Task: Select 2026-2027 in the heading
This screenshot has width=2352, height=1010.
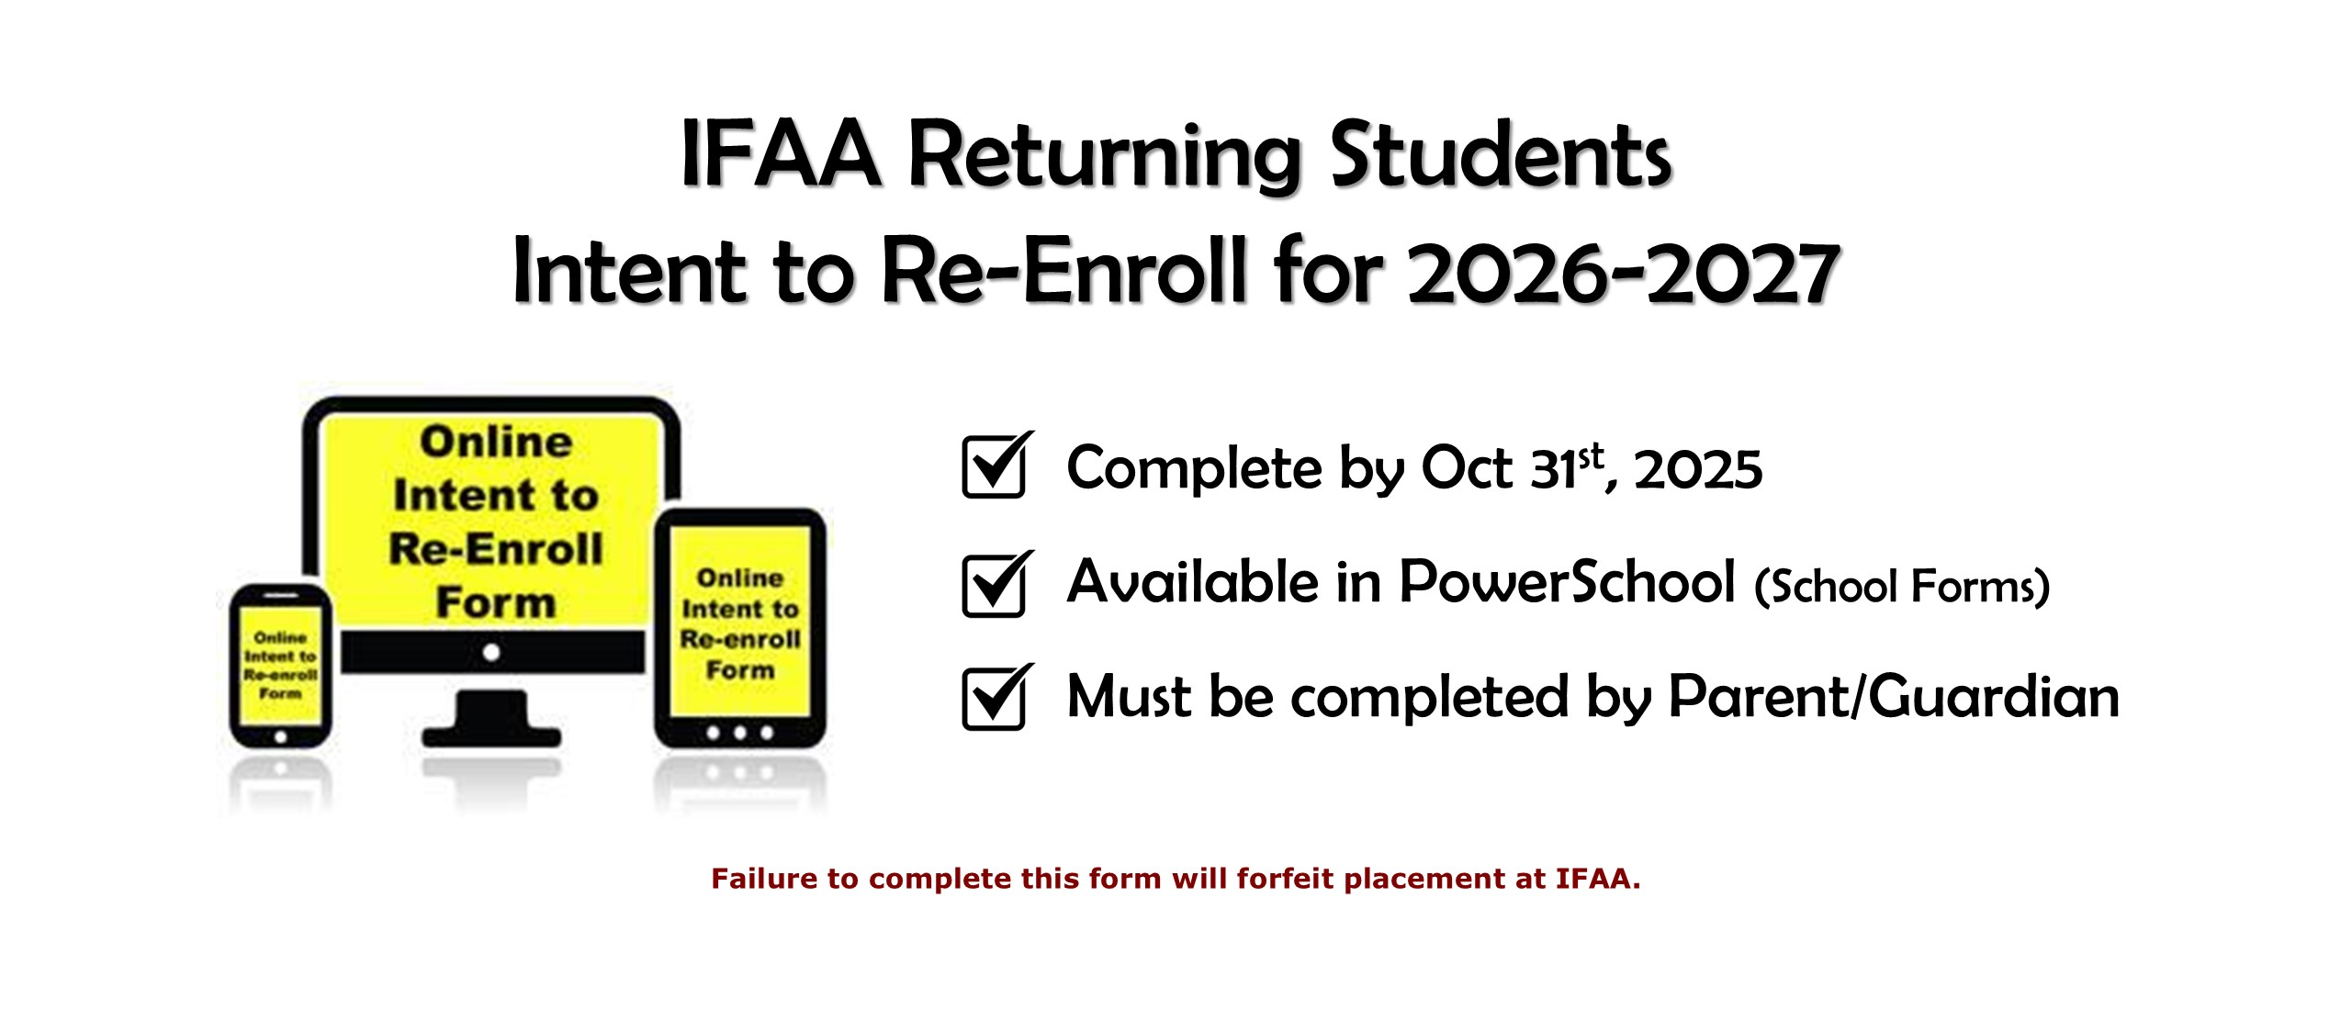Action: pyautogui.click(x=1623, y=272)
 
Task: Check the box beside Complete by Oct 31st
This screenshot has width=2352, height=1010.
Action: pyautogui.click(x=996, y=466)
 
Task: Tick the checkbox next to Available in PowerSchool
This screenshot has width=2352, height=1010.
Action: pyautogui.click(x=996, y=584)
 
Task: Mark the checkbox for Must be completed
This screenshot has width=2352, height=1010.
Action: pyautogui.click(x=996, y=697)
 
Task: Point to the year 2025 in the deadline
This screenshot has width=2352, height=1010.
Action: pyautogui.click(x=1698, y=470)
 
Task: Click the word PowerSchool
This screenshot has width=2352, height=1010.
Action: pyautogui.click(x=1567, y=582)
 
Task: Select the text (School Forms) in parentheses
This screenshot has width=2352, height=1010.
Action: pyautogui.click(x=1902, y=587)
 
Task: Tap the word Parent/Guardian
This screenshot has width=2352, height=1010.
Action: pyautogui.click(x=1894, y=698)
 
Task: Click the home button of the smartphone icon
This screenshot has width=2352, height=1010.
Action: pyautogui.click(x=281, y=736)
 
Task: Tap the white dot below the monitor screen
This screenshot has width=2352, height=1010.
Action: pyautogui.click(x=491, y=653)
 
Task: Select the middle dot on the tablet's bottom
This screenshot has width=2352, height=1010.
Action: pyautogui.click(x=739, y=733)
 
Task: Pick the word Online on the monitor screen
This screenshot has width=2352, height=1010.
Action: pyautogui.click(x=497, y=442)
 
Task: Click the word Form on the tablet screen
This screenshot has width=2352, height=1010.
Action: pyautogui.click(x=740, y=670)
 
